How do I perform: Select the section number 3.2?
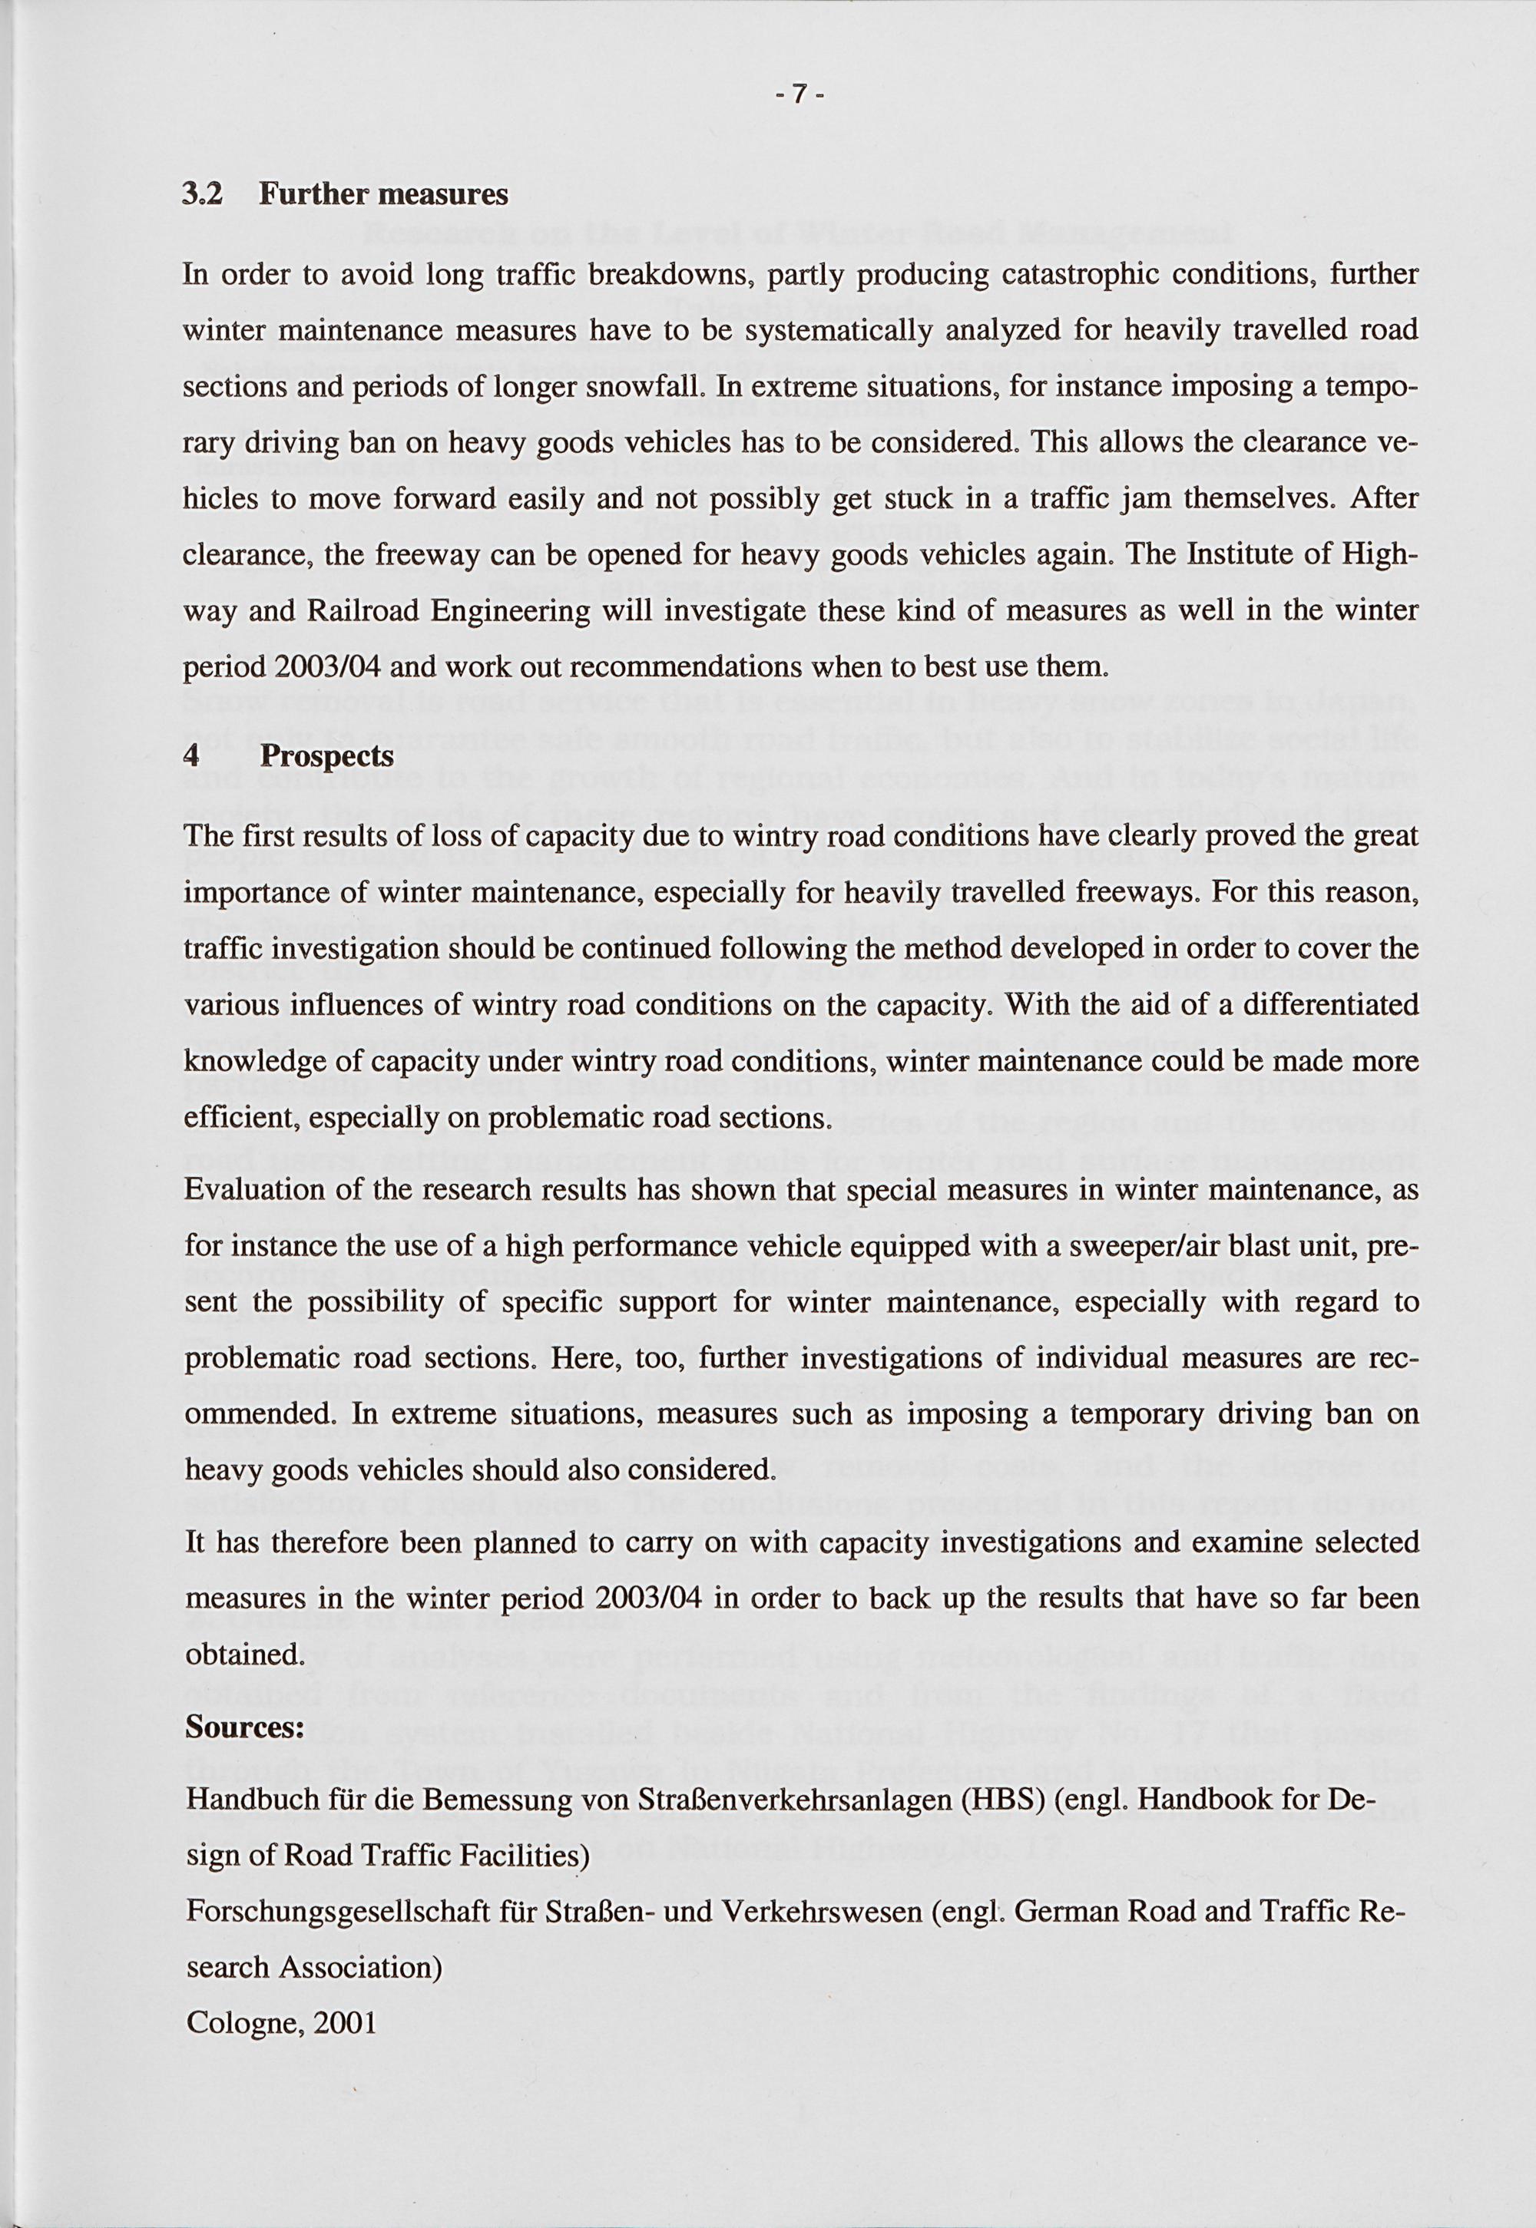pos(201,194)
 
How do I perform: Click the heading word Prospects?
pos(327,756)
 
